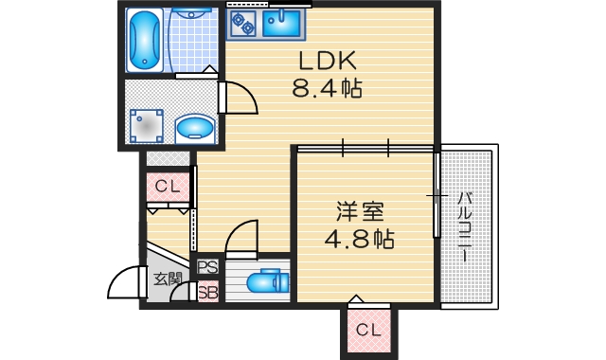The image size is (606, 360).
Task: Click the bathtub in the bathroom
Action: point(145,41)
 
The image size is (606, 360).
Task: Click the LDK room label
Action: point(327,62)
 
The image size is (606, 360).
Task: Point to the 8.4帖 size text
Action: point(328,91)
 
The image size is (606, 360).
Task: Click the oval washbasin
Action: point(194,125)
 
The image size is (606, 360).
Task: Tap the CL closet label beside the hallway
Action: point(168,187)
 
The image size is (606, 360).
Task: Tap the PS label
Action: point(207,268)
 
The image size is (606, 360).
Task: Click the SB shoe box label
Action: point(207,292)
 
